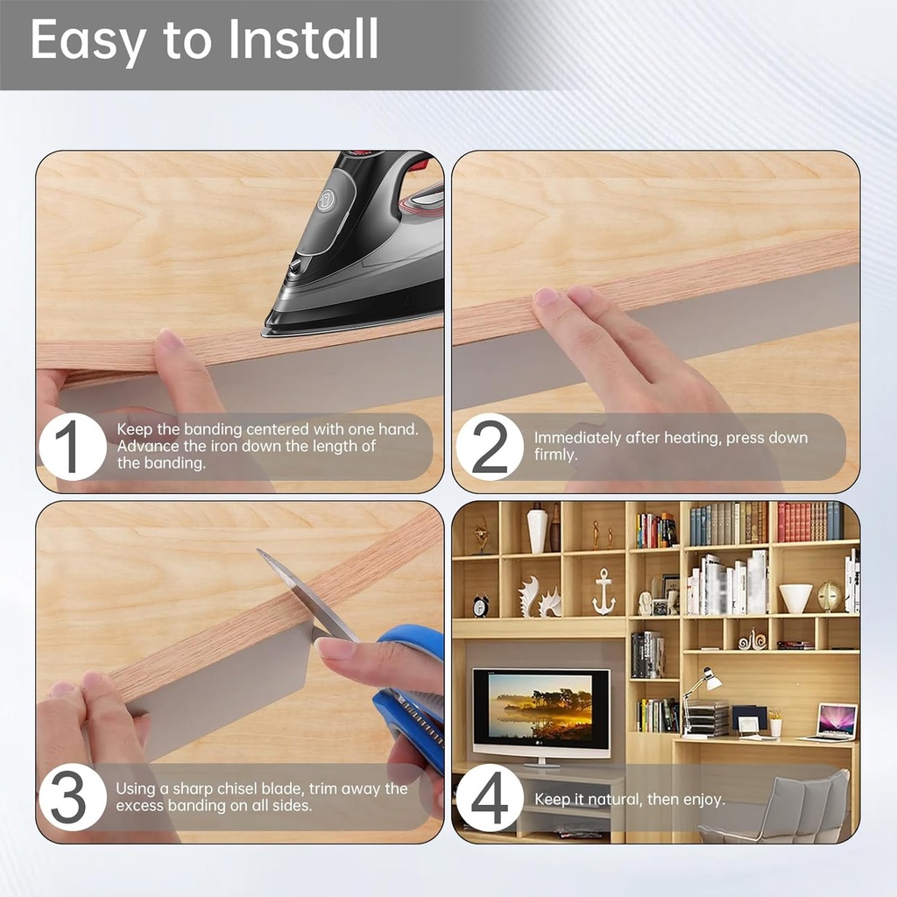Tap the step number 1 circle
tap(73, 446)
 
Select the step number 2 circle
tap(490, 446)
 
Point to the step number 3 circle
tap(73, 797)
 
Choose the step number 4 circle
tap(490, 797)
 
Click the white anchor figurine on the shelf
tap(603, 591)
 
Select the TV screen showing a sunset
tap(541, 707)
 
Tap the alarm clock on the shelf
tap(481, 605)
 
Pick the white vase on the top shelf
tap(537, 529)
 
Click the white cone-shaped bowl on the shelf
tap(795, 598)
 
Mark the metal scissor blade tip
tap(258, 550)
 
